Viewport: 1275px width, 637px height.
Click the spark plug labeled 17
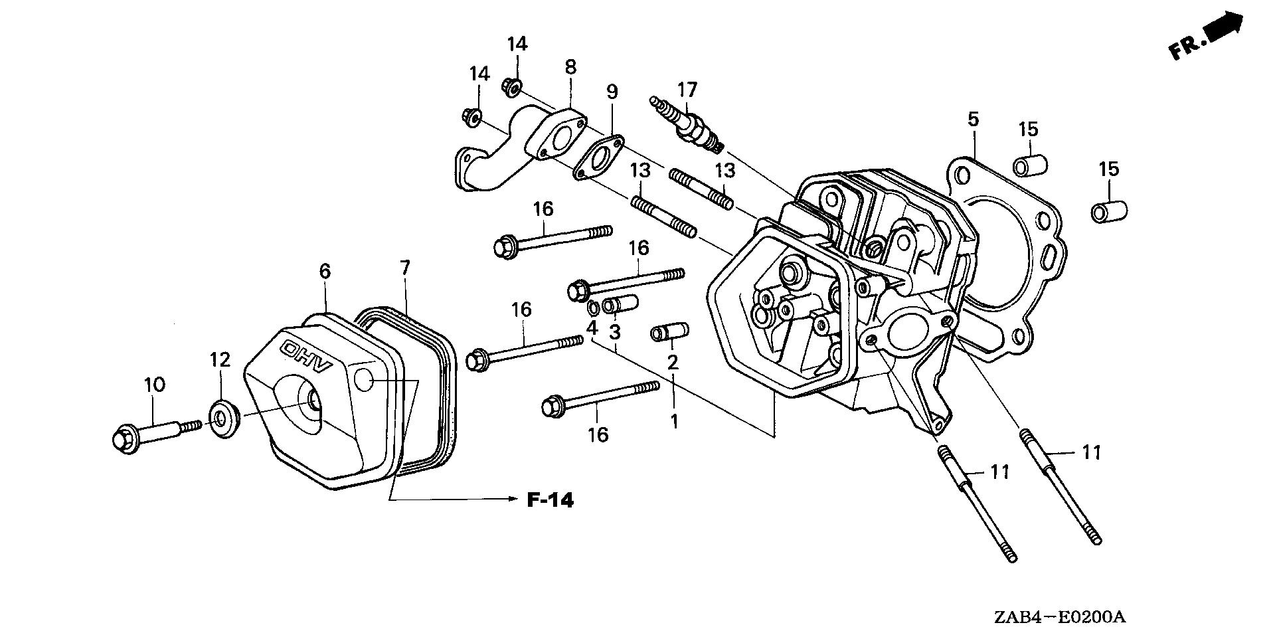click(x=688, y=124)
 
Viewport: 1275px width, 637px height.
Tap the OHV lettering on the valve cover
click(x=307, y=358)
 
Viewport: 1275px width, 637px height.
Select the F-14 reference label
click(x=550, y=500)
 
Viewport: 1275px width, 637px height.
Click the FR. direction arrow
click(x=1205, y=40)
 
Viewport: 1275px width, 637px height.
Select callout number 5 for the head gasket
click(x=973, y=120)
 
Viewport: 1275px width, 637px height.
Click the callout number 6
click(x=325, y=271)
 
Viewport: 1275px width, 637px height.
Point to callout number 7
click(x=405, y=268)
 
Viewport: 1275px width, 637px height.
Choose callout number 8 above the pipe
click(x=570, y=66)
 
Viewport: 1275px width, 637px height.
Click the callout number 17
click(x=687, y=88)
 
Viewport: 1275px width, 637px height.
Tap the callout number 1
click(x=674, y=420)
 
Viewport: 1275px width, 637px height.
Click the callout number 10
click(x=154, y=384)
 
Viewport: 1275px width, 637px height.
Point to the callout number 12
click(x=220, y=360)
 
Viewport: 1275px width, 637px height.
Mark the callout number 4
click(x=592, y=327)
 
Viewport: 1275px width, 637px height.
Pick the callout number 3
click(x=615, y=330)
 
